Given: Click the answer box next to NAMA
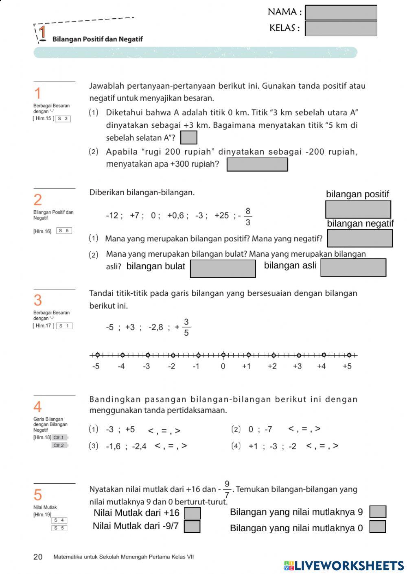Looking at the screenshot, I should tap(341, 13).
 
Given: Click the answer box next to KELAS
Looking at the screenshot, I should tap(341, 28).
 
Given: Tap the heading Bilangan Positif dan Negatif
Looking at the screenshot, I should tap(97, 39).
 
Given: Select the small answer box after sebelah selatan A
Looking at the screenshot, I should tap(188, 137).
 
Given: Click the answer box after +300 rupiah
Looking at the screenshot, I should tap(257, 164).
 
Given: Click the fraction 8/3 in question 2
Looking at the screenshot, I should tap(248, 216).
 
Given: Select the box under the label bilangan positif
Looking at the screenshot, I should tap(358, 209).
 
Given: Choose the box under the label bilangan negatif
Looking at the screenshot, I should tap(360, 238).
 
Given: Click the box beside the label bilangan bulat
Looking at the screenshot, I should tap(223, 269).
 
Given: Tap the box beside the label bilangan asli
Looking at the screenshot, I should tap(353, 267).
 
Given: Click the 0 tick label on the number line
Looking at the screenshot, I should tap(223, 366).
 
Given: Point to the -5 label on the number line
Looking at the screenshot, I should tap(96, 366).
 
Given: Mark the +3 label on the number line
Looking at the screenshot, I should tap(298, 366).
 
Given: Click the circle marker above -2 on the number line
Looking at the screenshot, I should tap(173, 355).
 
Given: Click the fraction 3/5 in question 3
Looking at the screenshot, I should tap(186, 327).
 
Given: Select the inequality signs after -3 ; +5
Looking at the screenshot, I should tap(164, 430).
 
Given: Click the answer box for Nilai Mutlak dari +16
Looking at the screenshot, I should tap(192, 513).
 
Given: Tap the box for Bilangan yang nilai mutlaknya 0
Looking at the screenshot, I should tap(377, 527).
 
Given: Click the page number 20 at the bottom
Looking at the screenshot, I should tap(38, 557).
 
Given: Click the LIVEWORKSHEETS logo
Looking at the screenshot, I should tap(344, 565).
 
